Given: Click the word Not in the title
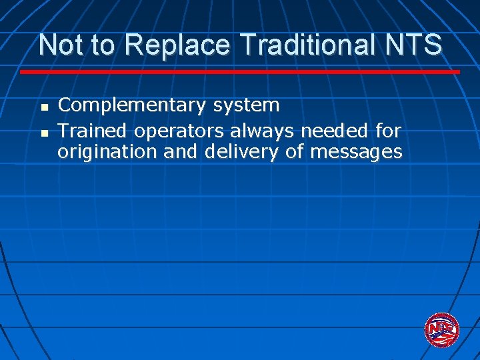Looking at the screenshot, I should [x=59, y=45].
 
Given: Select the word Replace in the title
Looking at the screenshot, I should [x=177, y=45].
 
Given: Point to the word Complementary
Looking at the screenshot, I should [x=132, y=106].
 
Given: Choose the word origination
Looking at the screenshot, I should [x=107, y=153].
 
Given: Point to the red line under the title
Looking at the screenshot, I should [x=240, y=71].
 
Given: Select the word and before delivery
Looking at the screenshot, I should [x=180, y=152].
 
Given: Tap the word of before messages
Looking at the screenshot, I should [x=294, y=152].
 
